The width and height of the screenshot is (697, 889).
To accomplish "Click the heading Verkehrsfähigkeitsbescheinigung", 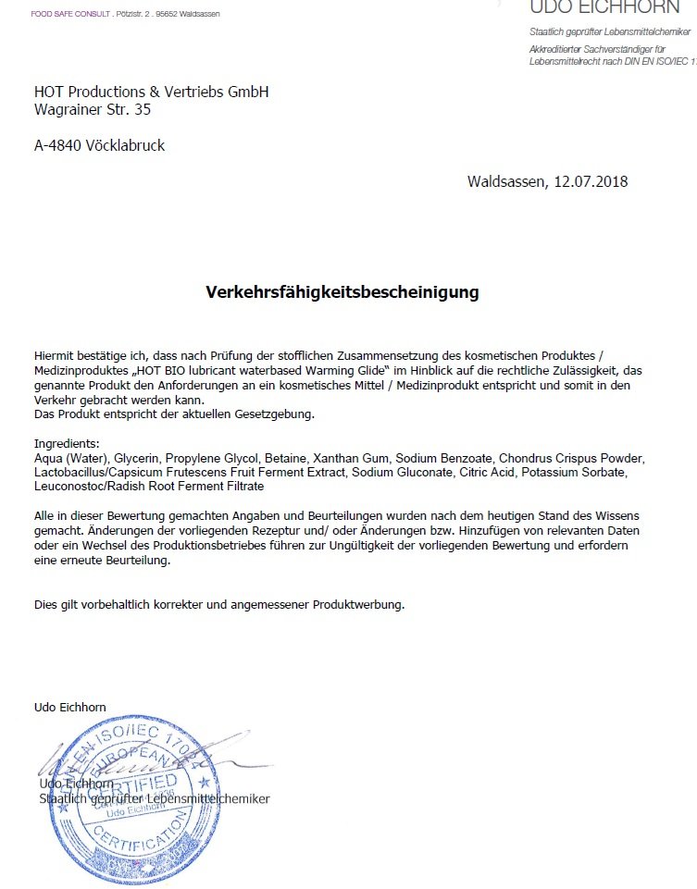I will pos(342,292).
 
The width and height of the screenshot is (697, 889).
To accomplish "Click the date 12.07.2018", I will pos(591,181).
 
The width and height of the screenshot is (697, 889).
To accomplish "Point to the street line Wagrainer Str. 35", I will pos(92,109).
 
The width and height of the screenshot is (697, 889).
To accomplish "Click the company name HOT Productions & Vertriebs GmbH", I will pos(151,92).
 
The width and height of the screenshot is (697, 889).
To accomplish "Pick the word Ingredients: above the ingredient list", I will pos(66,444).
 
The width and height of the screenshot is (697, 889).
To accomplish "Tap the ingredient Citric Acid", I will pos(485,472).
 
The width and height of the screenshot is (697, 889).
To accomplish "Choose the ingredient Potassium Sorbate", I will pos(574,472).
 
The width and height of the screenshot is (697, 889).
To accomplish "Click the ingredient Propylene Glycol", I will pos(210,458).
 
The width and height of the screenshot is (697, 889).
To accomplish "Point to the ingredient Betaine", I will pos(285,458).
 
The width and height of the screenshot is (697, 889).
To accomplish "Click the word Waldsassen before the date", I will pos(507,181).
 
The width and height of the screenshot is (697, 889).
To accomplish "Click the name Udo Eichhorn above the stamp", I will pos(69,707).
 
